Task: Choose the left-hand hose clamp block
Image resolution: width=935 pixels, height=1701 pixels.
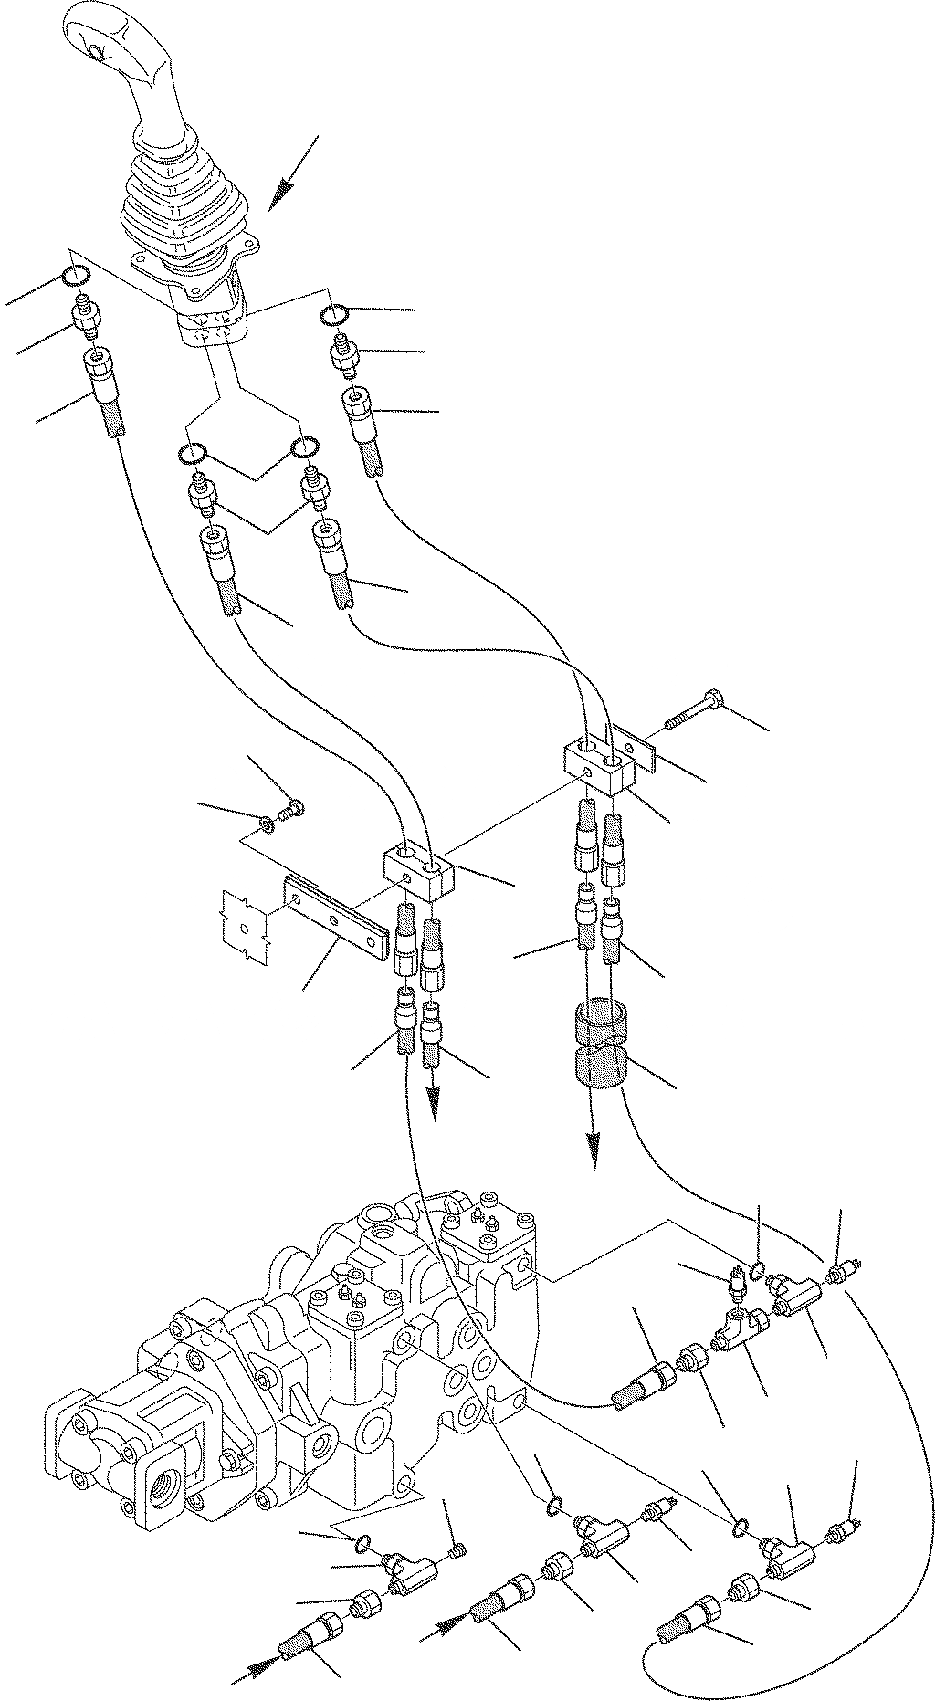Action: point(418,870)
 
